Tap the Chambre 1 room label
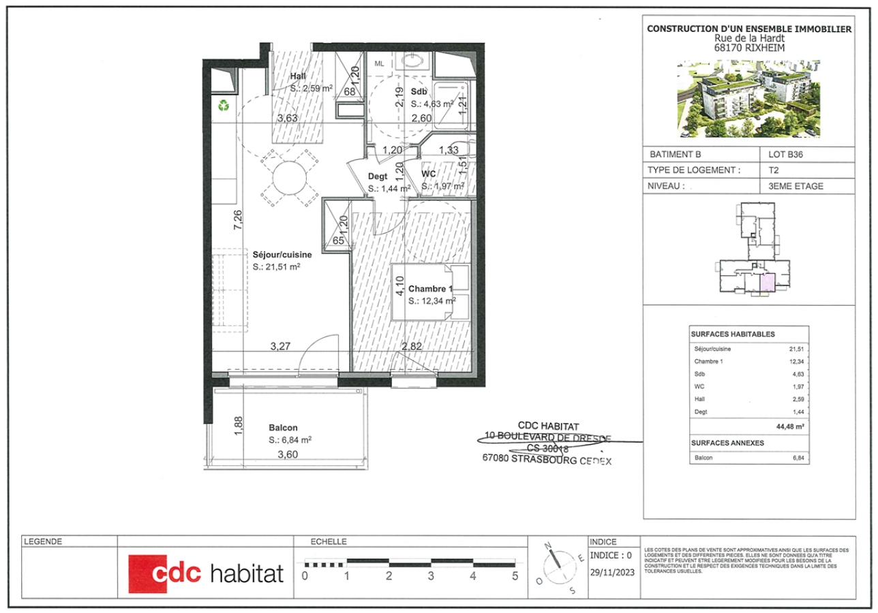430,289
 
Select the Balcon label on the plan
282,428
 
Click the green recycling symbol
223,106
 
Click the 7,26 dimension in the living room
237,221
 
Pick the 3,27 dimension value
280,346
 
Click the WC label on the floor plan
429,174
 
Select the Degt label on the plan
378,176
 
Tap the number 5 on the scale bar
515,576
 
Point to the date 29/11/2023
612,573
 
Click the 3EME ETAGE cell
796,185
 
